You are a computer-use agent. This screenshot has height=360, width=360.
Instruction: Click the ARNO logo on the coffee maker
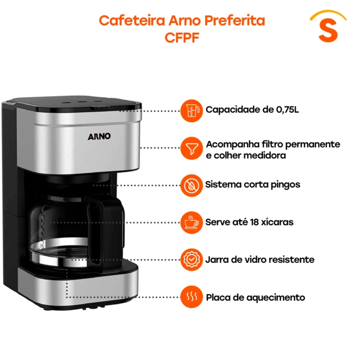[99, 136]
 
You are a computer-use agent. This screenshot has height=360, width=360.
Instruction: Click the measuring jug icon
[191, 111]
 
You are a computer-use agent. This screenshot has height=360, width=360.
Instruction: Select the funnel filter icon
[191, 148]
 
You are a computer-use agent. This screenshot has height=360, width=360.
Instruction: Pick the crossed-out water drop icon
[191, 185]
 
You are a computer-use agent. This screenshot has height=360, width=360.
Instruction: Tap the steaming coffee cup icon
[191, 223]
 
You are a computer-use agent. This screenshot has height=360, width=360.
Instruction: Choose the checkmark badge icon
[191, 260]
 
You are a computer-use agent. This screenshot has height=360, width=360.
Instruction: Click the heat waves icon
[191, 297]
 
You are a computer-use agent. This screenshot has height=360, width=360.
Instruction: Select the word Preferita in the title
[235, 21]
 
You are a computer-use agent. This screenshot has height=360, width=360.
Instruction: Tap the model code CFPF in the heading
[182, 38]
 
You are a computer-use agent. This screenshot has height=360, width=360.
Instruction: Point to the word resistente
[292, 260]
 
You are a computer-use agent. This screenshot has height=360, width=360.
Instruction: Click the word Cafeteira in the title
[132, 21]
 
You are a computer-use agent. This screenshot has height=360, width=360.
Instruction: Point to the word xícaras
[277, 222]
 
